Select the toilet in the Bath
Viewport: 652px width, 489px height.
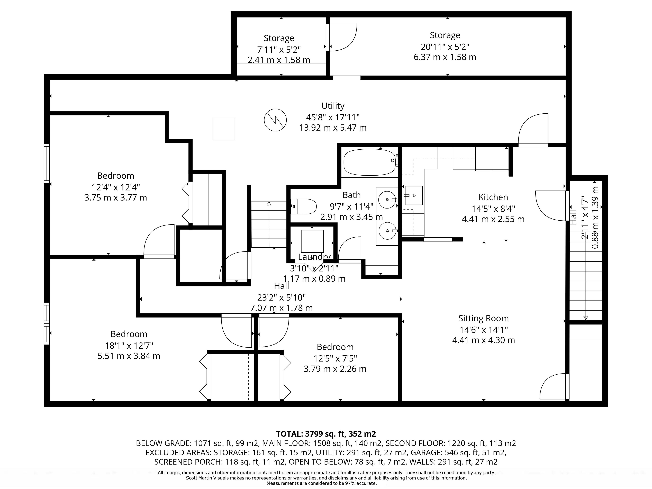point(304,206)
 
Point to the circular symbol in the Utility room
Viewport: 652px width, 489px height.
point(275,120)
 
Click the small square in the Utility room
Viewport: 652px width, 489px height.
point(224,129)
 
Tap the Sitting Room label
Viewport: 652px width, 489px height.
point(483,318)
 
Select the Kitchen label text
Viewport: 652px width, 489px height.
point(493,197)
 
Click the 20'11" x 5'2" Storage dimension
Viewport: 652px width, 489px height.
point(445,47)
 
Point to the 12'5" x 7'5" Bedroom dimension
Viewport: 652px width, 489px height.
point(335,358)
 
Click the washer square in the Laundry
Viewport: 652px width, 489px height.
point(312,241)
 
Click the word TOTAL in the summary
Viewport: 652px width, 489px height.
point(289,434)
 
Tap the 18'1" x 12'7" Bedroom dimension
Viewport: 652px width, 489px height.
point(129,346)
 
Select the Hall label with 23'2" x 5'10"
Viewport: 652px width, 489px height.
point(282,286)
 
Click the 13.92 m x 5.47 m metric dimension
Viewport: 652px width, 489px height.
point(333,128)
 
